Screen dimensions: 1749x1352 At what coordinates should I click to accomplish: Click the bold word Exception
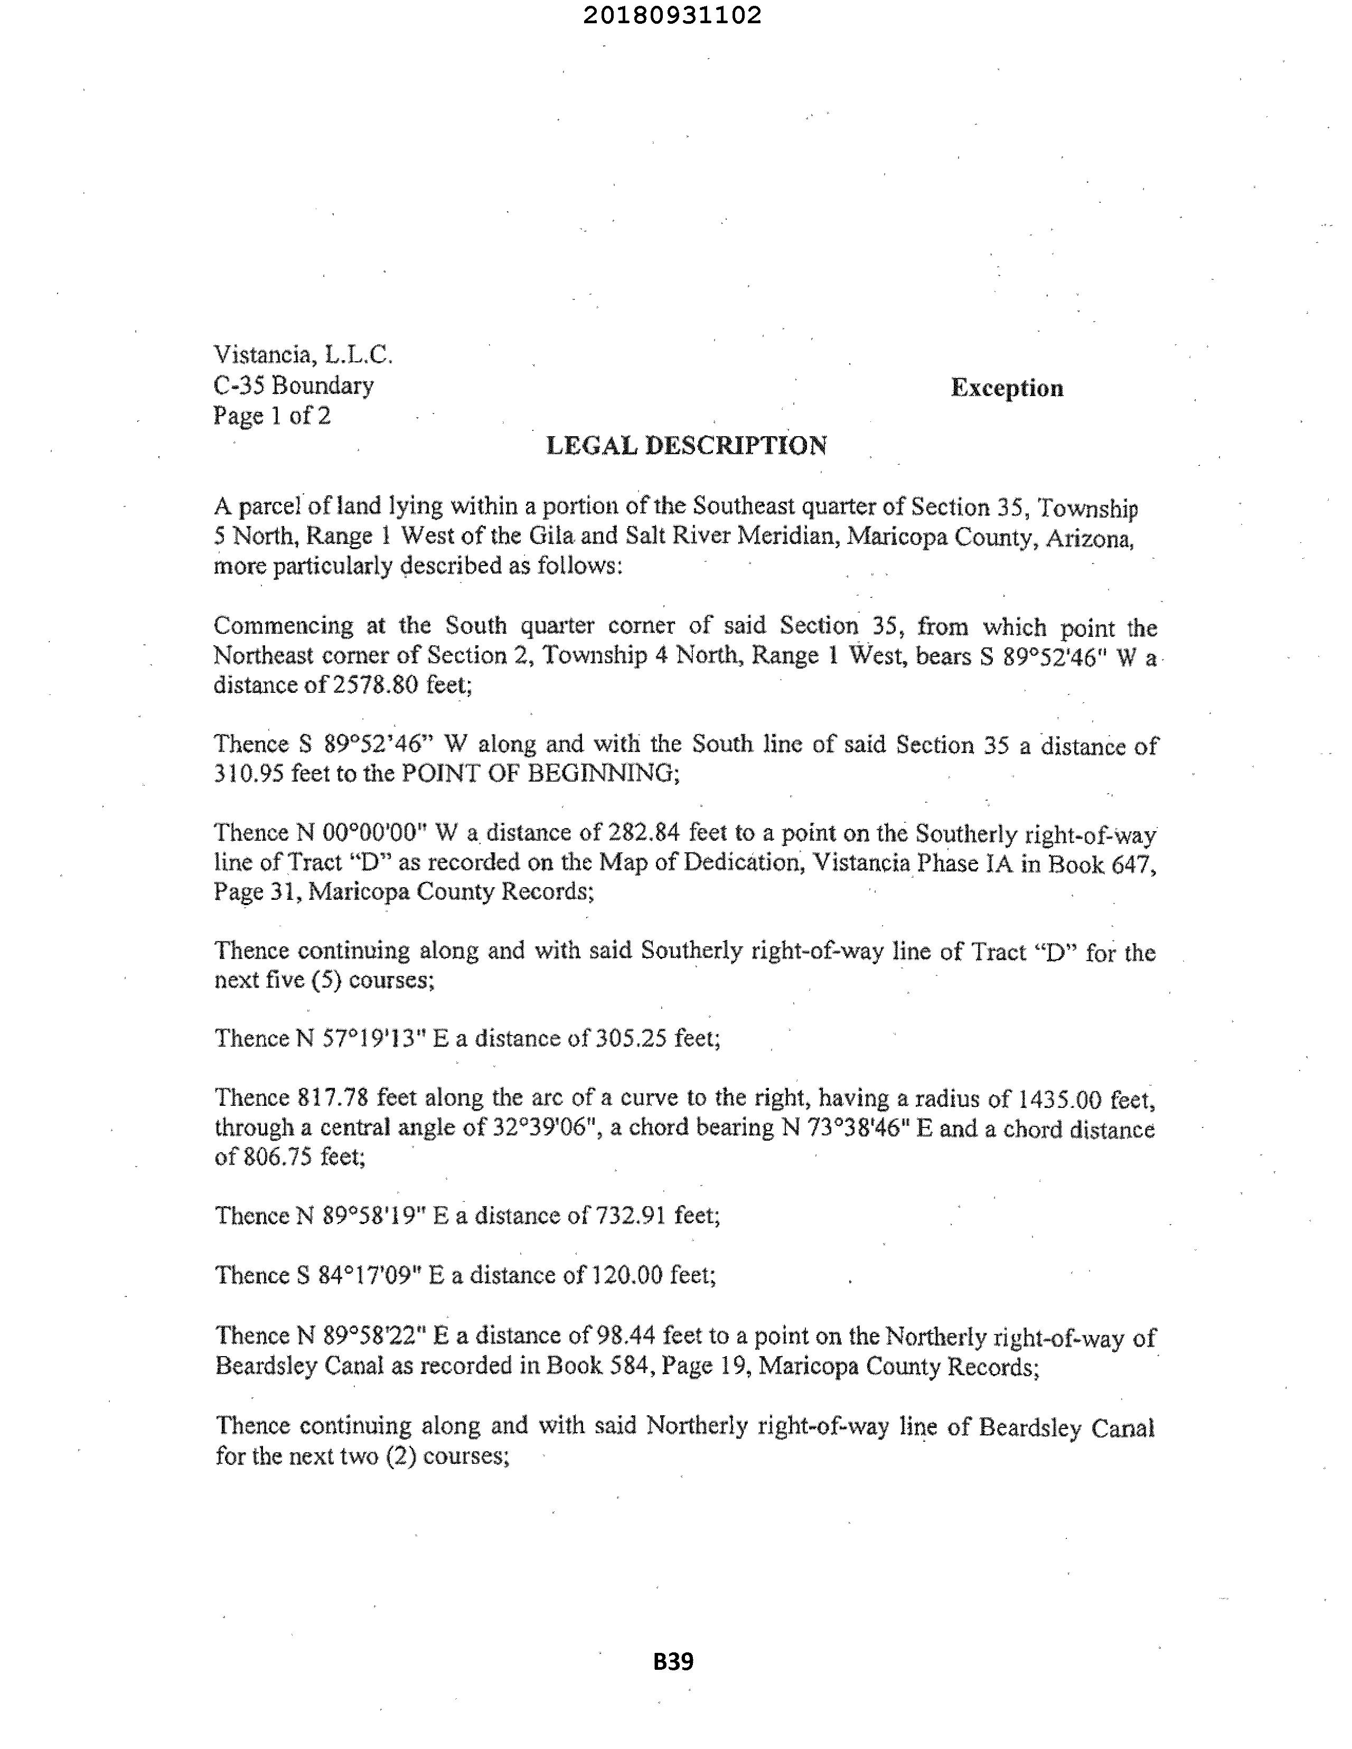(x=1007, y=388)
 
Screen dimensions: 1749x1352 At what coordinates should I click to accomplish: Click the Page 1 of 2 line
(x=271, y=416)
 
